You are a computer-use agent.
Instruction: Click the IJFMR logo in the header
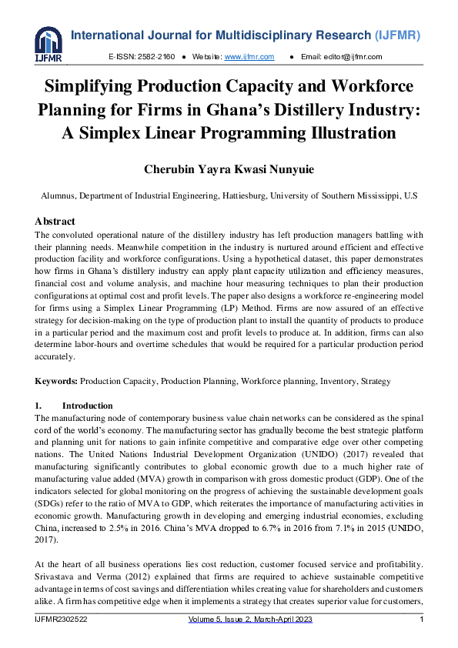pyautogui.click(x=48, y=45)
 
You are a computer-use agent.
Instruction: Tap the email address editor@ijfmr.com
pyautogui.click(x=352, y=57)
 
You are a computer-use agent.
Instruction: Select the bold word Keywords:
pyautogui.click(x=56, y=381)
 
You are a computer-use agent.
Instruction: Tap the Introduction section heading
pyautogui.click(x=87, y=406)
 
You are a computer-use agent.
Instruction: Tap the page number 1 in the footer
pyautogui.click(x=422, y=620)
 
